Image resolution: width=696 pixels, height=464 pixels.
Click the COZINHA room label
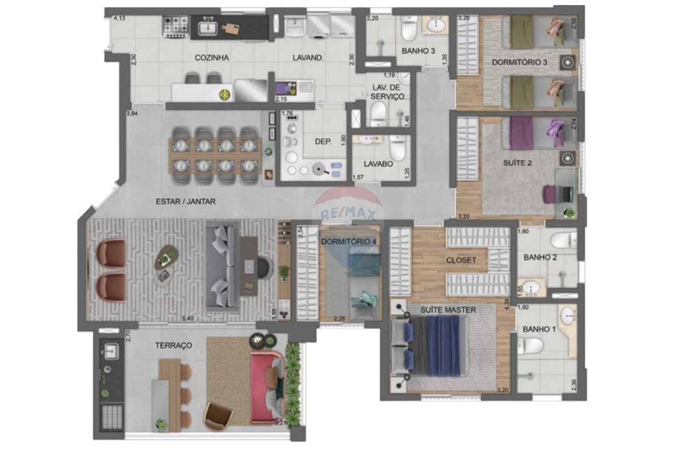click(212, 58)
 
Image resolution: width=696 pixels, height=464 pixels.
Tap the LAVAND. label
click(308, 58)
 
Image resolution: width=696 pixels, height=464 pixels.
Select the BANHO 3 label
click(419, 51)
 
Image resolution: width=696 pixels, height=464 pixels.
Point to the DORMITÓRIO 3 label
click(519, 63)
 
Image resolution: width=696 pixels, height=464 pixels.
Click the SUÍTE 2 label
click(517, 163)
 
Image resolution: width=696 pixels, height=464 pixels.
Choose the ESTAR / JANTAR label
click(186, 202)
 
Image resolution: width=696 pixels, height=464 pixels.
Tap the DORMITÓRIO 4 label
click(349, 241)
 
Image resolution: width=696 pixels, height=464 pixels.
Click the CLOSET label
click(461, 260)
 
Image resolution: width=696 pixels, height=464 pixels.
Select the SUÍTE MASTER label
click(448, 310)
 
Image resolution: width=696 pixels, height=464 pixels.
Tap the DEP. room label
click(323, 141)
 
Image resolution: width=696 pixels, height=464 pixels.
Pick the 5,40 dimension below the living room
click(187, 319)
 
